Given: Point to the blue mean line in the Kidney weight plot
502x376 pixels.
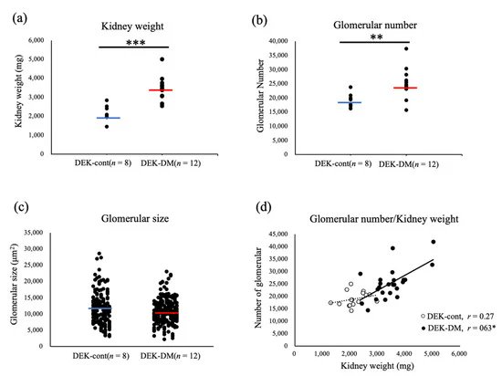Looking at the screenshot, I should (109, 118).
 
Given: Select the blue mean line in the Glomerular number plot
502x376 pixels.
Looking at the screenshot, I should (350, 102).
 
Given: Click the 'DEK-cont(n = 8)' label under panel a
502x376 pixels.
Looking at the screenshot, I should (108, 162).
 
